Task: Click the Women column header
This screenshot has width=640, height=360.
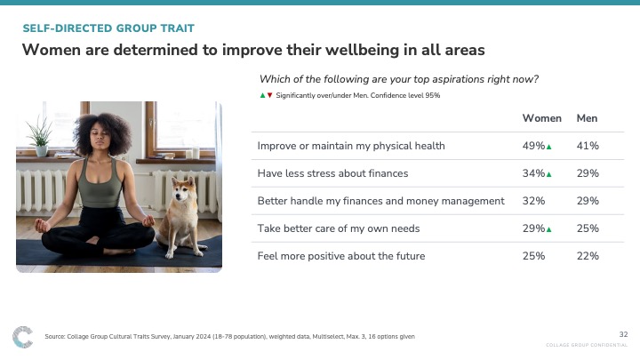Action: (541, 118)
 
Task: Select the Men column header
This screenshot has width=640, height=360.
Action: (587, 118)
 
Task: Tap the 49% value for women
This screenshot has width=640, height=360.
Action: (533, 146)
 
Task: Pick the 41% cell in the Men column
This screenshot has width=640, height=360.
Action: (588, 146)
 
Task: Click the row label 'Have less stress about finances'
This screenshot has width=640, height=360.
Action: (332, 173)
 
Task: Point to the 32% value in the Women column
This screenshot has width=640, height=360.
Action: (533, 201)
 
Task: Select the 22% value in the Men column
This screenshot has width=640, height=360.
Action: (588, 256)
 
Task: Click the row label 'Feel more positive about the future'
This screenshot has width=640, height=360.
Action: (341, 256)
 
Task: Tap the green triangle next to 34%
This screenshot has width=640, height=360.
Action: (549, 174)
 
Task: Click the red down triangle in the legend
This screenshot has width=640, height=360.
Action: (269, 95)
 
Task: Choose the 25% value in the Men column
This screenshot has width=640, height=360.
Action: (588, 228)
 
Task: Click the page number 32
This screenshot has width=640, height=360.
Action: (623, 334)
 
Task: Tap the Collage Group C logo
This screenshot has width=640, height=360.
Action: (22, 337)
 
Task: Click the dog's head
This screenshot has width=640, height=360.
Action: (181, 191)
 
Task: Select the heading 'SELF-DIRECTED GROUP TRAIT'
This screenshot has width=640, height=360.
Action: (108, 28)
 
